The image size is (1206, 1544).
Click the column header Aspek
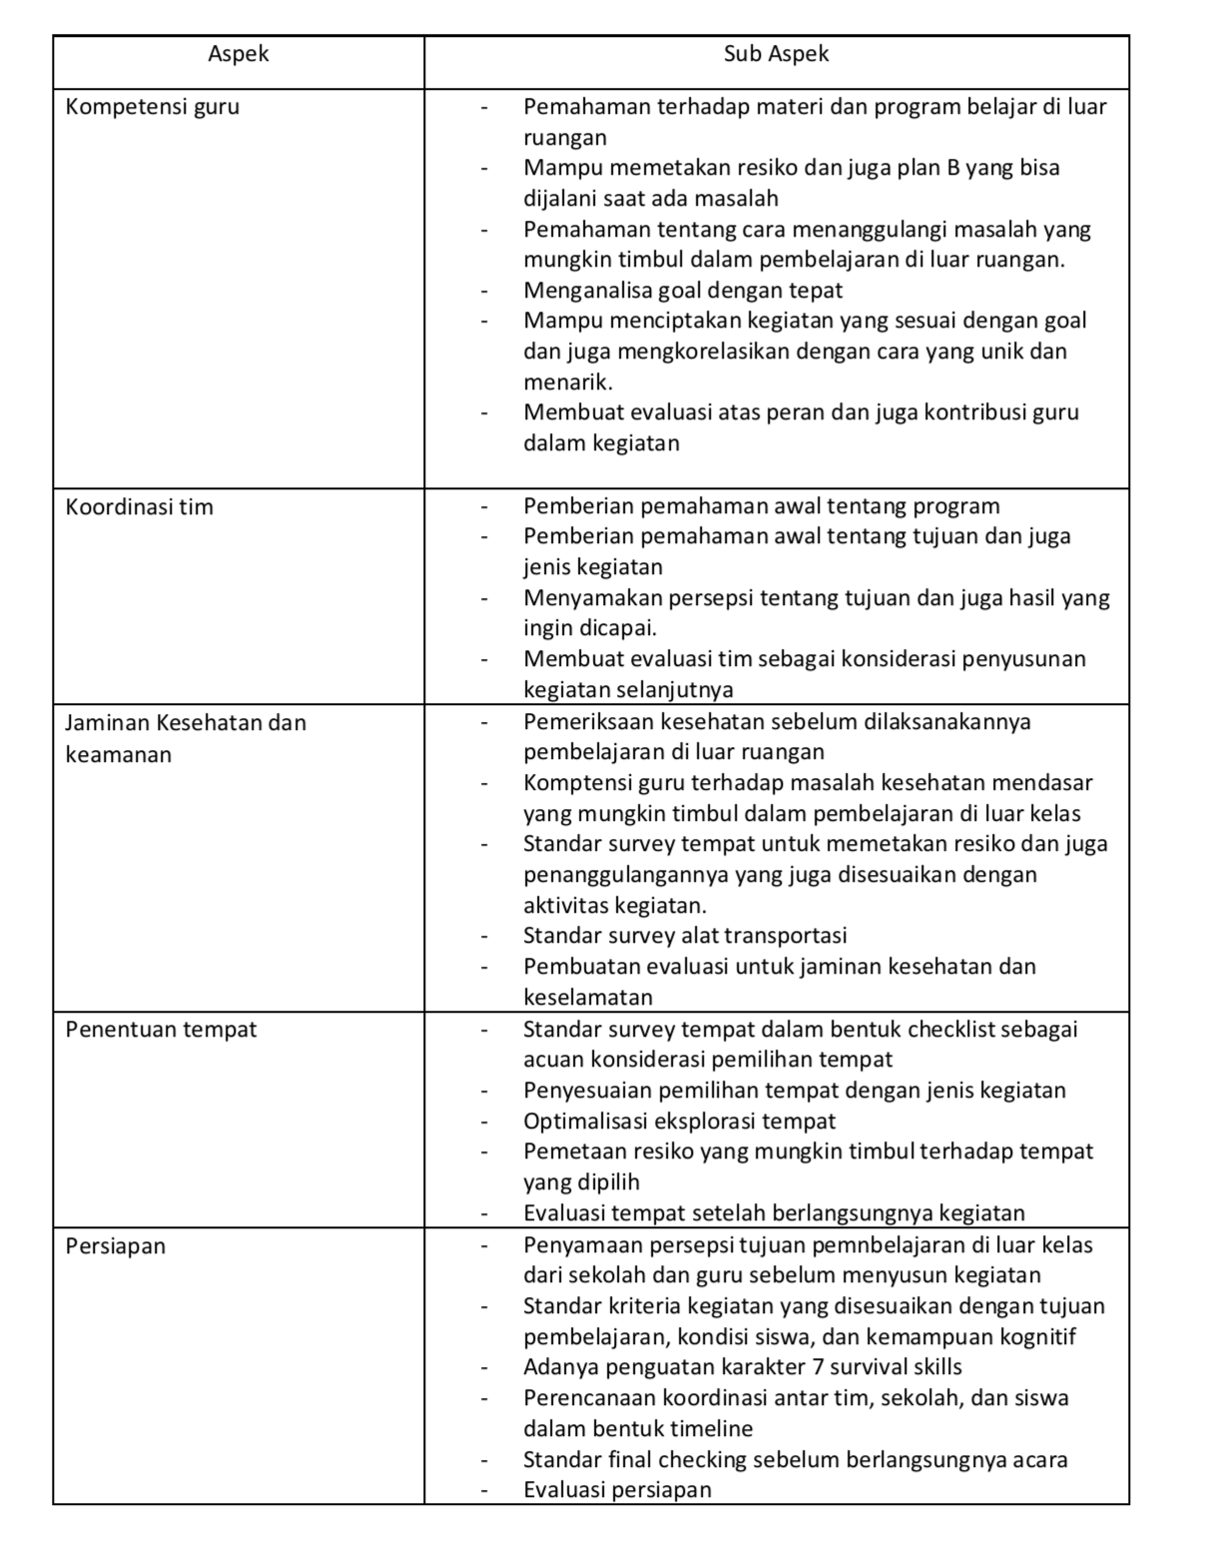239,54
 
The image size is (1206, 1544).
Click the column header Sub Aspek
776,54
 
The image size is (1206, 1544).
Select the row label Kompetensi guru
152,107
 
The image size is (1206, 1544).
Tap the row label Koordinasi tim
139,507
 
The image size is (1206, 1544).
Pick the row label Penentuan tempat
161,1030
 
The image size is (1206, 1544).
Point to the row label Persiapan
115,1246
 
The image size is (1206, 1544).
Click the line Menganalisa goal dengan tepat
682,291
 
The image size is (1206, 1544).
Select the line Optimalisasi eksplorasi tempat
679,1122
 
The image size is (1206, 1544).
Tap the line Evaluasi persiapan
617,1490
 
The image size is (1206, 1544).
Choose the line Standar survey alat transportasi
684,936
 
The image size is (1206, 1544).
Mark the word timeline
711,1429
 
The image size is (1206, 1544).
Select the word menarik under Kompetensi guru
567,383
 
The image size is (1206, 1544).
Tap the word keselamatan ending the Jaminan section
587,998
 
